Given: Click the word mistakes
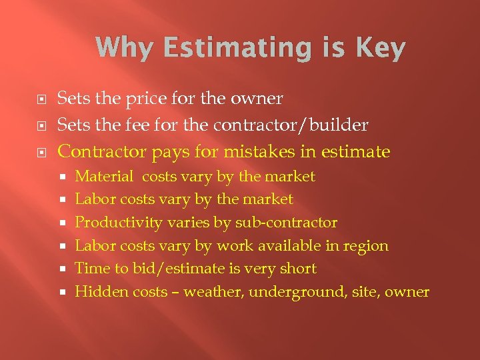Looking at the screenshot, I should (262, 152).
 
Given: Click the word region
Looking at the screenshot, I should (365, 245).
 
